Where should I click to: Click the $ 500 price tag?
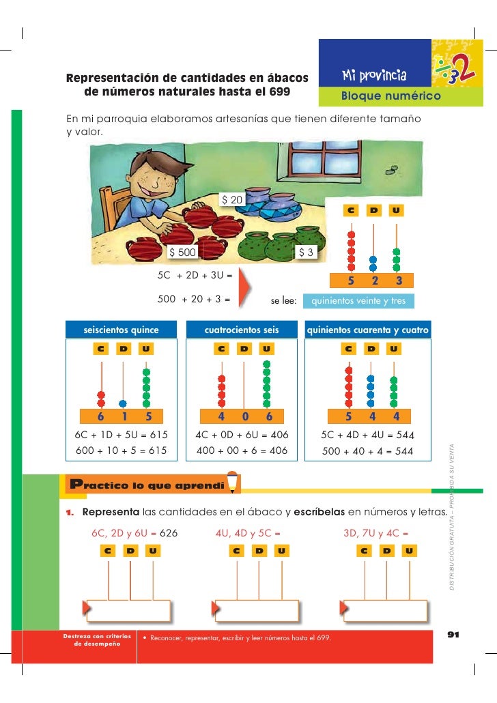tap(183, 253)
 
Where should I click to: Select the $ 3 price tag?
tap(307, 253)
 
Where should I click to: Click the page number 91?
tap(453, 635)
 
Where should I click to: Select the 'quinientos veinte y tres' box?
tap(358, 301)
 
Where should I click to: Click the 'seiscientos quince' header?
tap(121, 330)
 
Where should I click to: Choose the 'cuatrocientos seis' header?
tap(242, 330)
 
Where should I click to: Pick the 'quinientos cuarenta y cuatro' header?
tap(368, 330)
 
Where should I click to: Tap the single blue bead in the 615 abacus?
tap(123, 403)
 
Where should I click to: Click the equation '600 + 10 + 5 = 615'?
tap(120, 450)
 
